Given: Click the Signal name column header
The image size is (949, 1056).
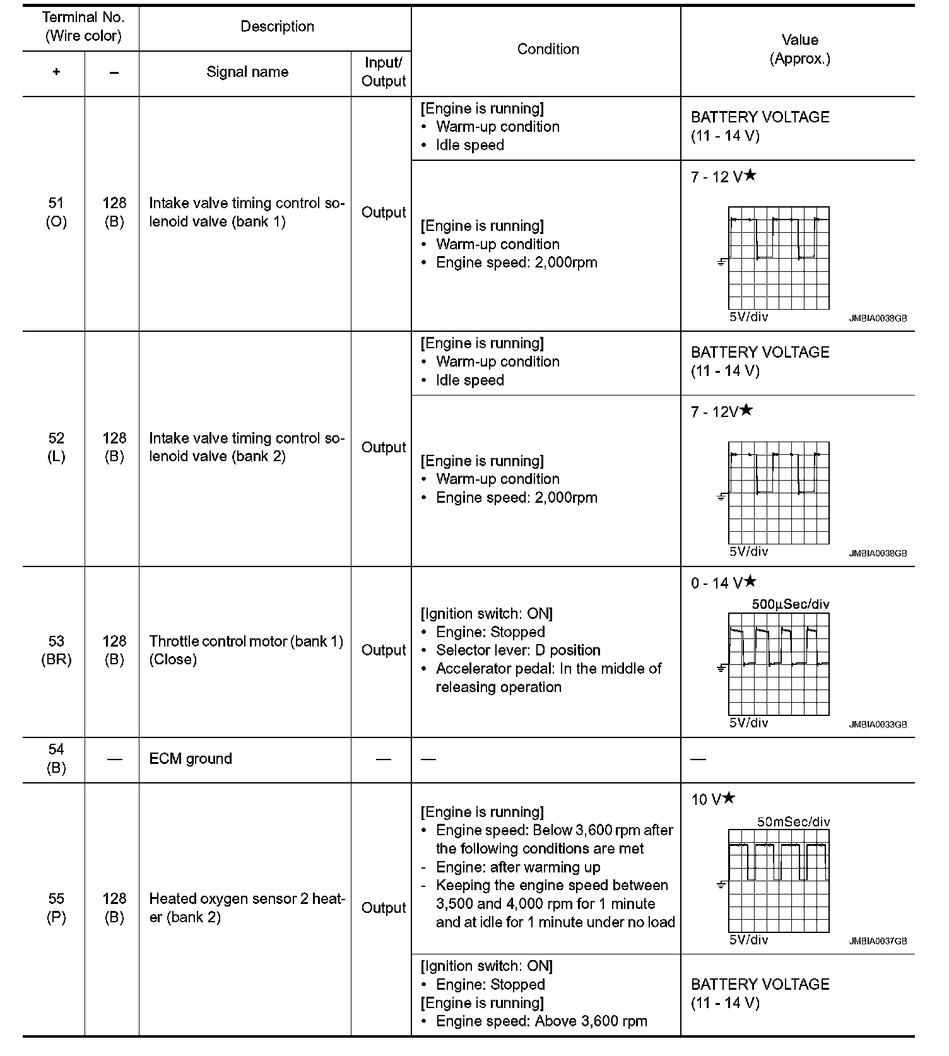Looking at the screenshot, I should (x=247, y=72).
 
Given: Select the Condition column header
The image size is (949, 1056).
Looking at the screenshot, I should (x=548, y=49).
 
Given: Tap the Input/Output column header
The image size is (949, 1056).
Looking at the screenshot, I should (x=384, y=72).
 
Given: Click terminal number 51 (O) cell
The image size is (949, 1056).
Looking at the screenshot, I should (x=56, y=212).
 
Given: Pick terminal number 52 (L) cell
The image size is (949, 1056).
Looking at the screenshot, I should (x=56, y=447).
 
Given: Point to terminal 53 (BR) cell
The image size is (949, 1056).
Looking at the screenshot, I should (x=56, y=650).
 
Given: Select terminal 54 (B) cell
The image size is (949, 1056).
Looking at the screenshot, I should (x=56, y=758).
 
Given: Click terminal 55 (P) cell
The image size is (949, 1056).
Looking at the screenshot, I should (x=56, y=908).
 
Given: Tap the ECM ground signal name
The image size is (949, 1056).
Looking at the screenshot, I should (x=191, y=758).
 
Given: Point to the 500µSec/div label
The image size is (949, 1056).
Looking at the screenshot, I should (x=791, y=604).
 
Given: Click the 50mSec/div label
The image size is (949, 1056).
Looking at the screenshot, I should (x=793, y=822).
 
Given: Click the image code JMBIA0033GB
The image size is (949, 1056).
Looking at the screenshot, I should (x=878, y=725).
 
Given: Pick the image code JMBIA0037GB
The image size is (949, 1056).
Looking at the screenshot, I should (x=878, y=941).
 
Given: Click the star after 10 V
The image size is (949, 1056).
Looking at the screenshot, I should (x=729, y=798).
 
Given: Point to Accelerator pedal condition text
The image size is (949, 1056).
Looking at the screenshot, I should (x=548, y=678).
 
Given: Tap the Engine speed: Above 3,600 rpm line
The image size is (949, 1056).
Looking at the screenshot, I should (x=541, y=1021).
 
